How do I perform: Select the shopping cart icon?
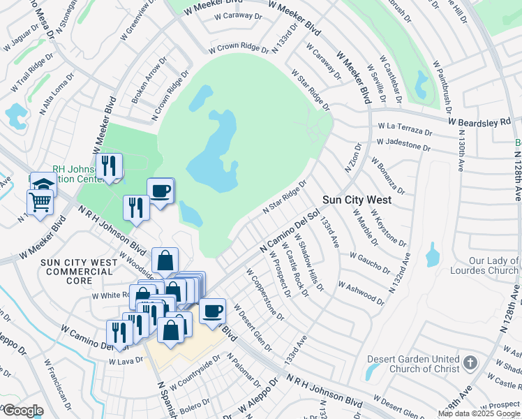tap(40, 202)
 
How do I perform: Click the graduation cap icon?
tap(43, 184)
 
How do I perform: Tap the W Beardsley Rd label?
tap(480, 122)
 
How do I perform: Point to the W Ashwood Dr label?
tap(361, 289)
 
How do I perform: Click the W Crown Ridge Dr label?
tap(238, 48)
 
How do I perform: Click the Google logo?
tap(22, 411)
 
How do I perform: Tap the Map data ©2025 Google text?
tap(479, 413)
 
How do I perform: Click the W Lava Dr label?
tap(126, 360)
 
